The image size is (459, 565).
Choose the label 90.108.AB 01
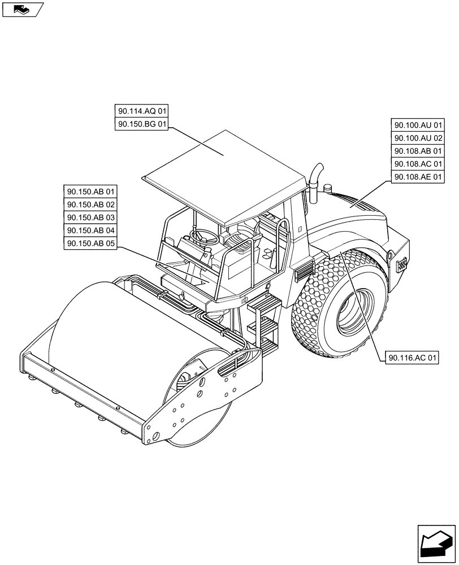point(418,151)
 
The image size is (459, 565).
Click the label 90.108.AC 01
point(418,164)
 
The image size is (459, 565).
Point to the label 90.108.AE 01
point(418,177)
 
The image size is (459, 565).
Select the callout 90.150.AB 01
point(90,192)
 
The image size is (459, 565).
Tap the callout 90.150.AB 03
point(90,218)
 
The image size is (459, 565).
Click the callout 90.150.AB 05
point(90,244)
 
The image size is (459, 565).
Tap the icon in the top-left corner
point(23,9)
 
